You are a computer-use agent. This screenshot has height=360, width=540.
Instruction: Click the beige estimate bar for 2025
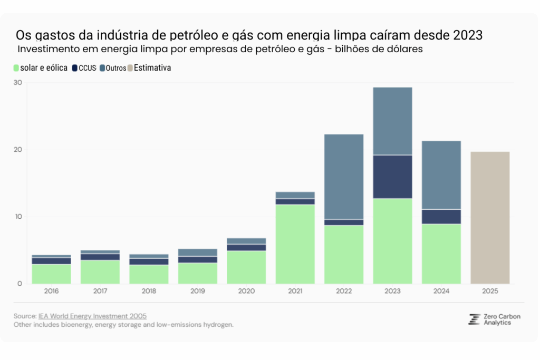(490, 218)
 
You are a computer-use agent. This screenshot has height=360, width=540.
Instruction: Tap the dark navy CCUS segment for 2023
(392, 177)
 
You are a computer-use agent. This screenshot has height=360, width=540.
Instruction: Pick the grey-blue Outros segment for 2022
(343, 177)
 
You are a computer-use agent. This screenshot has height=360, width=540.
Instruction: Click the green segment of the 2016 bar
(51, 274)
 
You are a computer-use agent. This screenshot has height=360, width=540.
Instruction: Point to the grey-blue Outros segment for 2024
(441, 175)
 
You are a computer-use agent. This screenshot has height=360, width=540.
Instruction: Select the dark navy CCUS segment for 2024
(441, 217)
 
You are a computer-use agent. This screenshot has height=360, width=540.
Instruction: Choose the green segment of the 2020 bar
(246, 267)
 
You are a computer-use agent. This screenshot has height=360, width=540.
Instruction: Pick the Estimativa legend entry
(152, 68)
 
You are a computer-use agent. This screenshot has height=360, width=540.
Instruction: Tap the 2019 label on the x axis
(197, 291)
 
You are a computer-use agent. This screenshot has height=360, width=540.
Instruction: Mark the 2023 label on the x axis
(392, 291)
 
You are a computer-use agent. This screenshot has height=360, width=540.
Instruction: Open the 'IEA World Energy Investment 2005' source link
(92, 316)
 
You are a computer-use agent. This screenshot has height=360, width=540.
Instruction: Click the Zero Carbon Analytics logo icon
(474, 319)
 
